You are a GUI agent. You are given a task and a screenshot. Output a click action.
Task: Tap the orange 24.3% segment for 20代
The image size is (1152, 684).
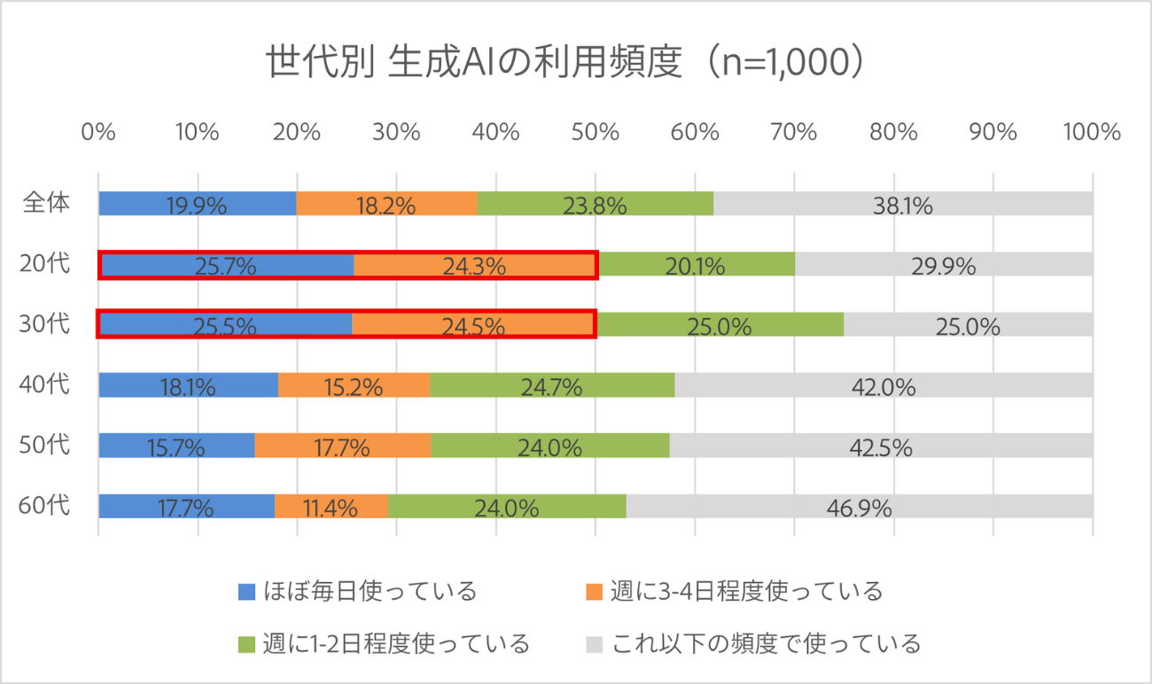click(x=474, y=265)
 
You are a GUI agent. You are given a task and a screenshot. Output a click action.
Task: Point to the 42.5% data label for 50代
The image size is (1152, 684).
click(x=880, y=447)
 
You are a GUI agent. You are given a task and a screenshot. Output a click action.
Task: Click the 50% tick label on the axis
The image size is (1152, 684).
click(x=595, y=132)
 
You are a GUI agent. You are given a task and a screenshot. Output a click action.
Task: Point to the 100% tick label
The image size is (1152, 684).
click(x=1092, y=132)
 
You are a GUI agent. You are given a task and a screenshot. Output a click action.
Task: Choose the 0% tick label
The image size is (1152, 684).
click(x=98, y=132)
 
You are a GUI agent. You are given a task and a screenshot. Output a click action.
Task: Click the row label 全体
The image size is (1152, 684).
click(x=46, y=203)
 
